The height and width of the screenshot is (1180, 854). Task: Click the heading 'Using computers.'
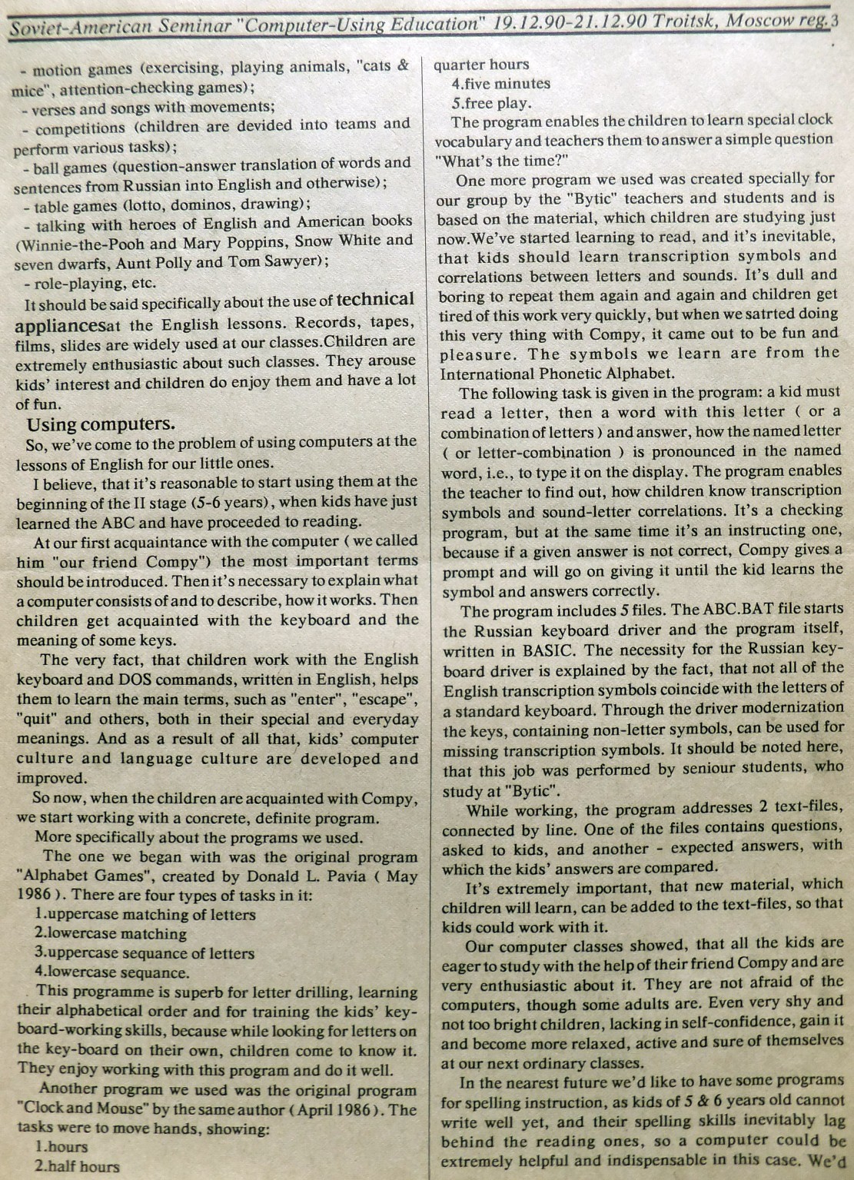click(101, 424)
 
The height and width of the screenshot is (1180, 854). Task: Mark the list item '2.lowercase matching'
click(110, 934)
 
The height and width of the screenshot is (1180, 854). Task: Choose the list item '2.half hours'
click(77, 1166)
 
